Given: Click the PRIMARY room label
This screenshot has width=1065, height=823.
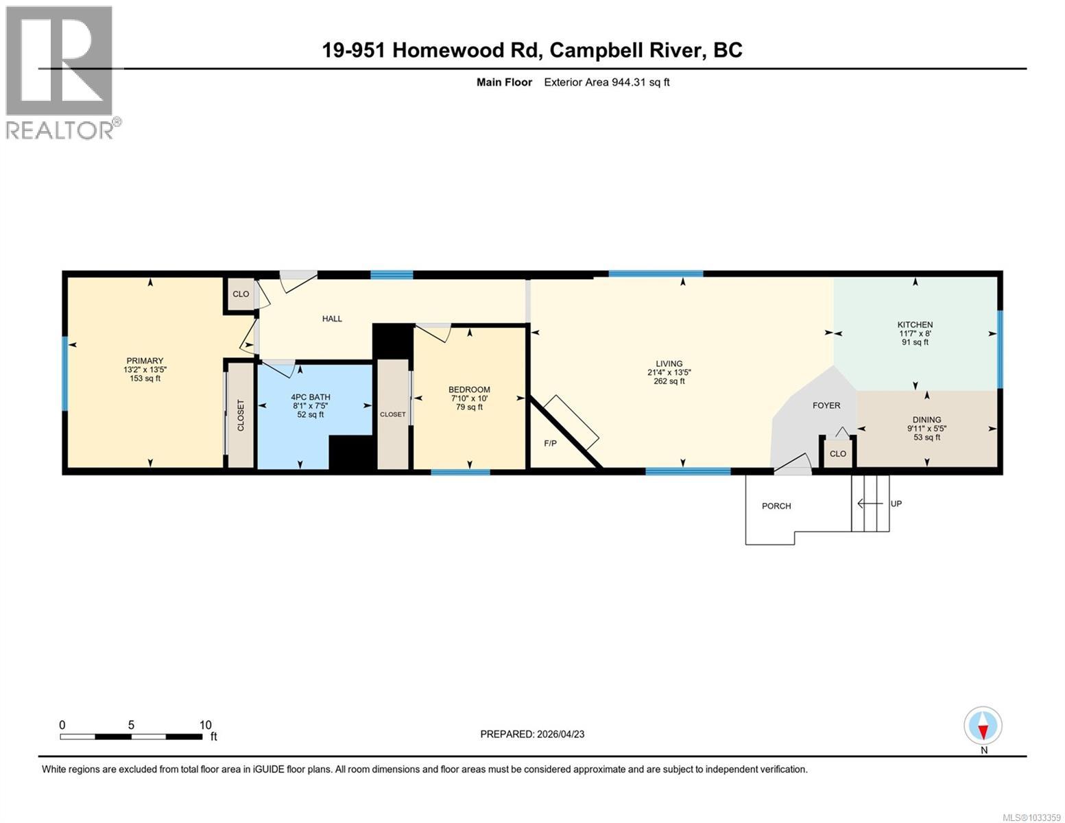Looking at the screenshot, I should point(145,361).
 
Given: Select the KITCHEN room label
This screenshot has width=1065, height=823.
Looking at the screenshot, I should point(915,324).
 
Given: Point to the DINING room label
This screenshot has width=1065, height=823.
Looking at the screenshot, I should point(926,420).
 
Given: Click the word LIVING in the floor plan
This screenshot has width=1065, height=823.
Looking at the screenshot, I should point(669,364).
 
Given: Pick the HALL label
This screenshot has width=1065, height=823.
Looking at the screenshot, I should point(332,319).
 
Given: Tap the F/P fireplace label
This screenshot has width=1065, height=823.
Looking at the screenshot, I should point(550,444).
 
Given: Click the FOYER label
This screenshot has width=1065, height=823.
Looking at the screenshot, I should point(826,405).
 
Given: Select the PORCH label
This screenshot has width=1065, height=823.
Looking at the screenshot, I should point(776,506).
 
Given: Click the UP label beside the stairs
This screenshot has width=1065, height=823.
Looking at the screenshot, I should point(896,503).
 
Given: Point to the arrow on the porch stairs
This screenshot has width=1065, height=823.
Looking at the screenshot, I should point(869,504).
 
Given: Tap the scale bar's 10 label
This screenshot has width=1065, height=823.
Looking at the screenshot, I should point(205,725).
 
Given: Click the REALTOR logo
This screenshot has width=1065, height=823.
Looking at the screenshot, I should point(60,72).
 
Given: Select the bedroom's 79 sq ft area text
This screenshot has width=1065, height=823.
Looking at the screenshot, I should point(470,407).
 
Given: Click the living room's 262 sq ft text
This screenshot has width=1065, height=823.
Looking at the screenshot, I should point(669,381).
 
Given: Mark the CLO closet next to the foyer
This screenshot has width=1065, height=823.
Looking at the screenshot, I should point(838,454).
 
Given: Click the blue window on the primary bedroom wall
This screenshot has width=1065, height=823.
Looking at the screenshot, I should point(65,374).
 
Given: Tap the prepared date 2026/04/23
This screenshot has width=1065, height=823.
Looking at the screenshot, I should point(560,734).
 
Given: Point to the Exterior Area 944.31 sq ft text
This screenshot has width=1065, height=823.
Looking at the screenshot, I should point(606,82).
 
